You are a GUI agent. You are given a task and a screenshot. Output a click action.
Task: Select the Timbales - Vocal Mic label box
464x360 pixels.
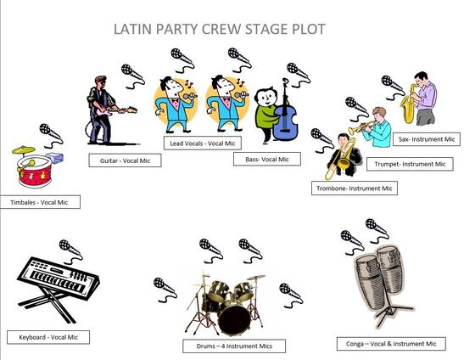[x=40, y=202]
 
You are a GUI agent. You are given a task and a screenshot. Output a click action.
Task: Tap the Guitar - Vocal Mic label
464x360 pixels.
[x=125, y=160]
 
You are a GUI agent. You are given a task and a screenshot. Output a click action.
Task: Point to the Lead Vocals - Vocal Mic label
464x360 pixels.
[x=203, y=143]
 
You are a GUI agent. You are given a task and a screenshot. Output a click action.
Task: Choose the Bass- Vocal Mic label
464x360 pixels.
[x=267, y=159]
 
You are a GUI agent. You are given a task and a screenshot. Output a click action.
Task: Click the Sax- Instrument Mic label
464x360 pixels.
[x=427, y=139]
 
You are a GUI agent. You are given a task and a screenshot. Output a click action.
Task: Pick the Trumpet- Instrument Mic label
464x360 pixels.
[x=410, y=164]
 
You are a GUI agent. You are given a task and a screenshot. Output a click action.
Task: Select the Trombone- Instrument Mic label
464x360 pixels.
[x=355, y=188]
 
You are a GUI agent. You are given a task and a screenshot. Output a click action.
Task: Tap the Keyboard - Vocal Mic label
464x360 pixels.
[x=48, y=337]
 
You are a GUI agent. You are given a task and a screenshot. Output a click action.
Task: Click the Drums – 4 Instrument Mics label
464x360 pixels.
[x=234, y=346]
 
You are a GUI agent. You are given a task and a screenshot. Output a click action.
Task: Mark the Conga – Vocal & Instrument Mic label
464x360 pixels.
[x=391, y=344]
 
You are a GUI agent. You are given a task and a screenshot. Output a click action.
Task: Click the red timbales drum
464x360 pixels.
[x=35, y=172]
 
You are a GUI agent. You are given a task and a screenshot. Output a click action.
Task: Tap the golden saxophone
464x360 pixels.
[x=408, y=104]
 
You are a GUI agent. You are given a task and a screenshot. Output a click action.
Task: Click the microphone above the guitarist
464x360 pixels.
[x=133, y=76]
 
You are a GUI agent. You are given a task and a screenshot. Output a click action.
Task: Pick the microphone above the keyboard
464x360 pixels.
[x=71, y=251]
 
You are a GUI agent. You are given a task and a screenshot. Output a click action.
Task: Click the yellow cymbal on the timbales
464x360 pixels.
[x=24, y=150]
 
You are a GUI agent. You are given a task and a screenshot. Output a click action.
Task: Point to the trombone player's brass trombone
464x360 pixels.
[x=343, y=160]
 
